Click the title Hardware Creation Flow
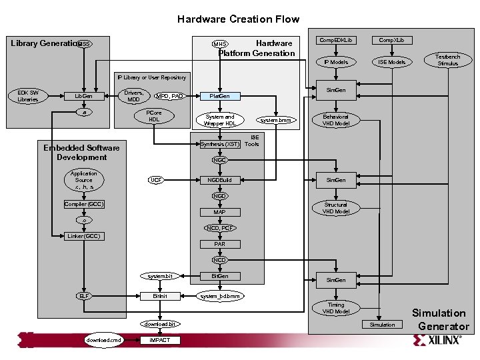[x=238, y=19]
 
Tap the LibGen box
[x=83, y=96]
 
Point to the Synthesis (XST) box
[x=220, y=144]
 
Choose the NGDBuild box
[x=219, y=180]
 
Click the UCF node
[x=155, y=180]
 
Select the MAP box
[x=219, y=212]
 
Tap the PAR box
[x=219, y=244]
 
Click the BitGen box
[x=219, y=276]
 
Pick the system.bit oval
[x=159, y=276]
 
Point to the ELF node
[x=83, y=295]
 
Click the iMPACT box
[x=159, y=340]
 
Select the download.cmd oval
[x=104, y=340]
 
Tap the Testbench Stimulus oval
[x=447, y=60]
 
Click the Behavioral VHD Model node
[x=336, y=120]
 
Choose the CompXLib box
[x=391, y=41]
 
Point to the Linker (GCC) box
[x=83, y=236]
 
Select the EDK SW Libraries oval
[x=27, y=96]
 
